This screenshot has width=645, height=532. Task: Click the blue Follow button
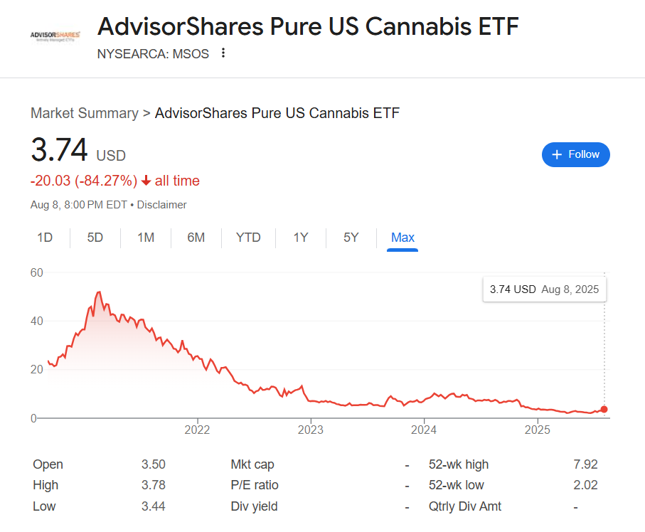pyautogui.click(x=575, y=154)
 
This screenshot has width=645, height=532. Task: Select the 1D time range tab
pyautogui.click(x=45, y=238)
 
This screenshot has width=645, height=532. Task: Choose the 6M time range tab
pyautogui.click(x=196, y=238)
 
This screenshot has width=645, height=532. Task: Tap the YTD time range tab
pyautogui.click(x=248, y=238)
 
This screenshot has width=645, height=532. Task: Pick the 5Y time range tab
pyautogui.click(x=351, y=238)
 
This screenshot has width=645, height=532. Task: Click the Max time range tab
pyautogui.click(x=403, y=238)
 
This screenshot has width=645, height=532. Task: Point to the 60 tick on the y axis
pyautogui.click(x=37, y=272)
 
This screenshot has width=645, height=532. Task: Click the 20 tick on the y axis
pyautogui.click(x=37, y=370)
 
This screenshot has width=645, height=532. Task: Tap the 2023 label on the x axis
pyautogui.click(x=310, y=430)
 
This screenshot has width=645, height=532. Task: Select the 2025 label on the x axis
pyautogui.click(x=537, y=430)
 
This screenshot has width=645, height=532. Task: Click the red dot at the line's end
pyautogui.click(x=604, y=409)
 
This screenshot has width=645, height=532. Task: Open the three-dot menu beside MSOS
pyautogui.click(x=223, y=53)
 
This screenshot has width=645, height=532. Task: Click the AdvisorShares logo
pyautogui.click(x=55, y=36)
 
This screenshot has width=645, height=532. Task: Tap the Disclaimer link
pyautogui.click(x=161, y=205)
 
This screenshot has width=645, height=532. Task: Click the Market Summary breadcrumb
pyautogui.click(x=84, y=113)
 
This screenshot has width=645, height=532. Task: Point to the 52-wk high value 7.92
pyautogui.click(x=585, y=464)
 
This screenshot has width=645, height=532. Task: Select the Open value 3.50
pyautogui.click(x=153, y=464)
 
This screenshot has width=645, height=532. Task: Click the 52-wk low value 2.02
pyautogui.click(x=585, y=485)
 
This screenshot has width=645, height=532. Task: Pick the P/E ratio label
pyautogui.click(x=255, y=485)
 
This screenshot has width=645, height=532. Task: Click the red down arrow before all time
pyautogui.click(x=146, y=181)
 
